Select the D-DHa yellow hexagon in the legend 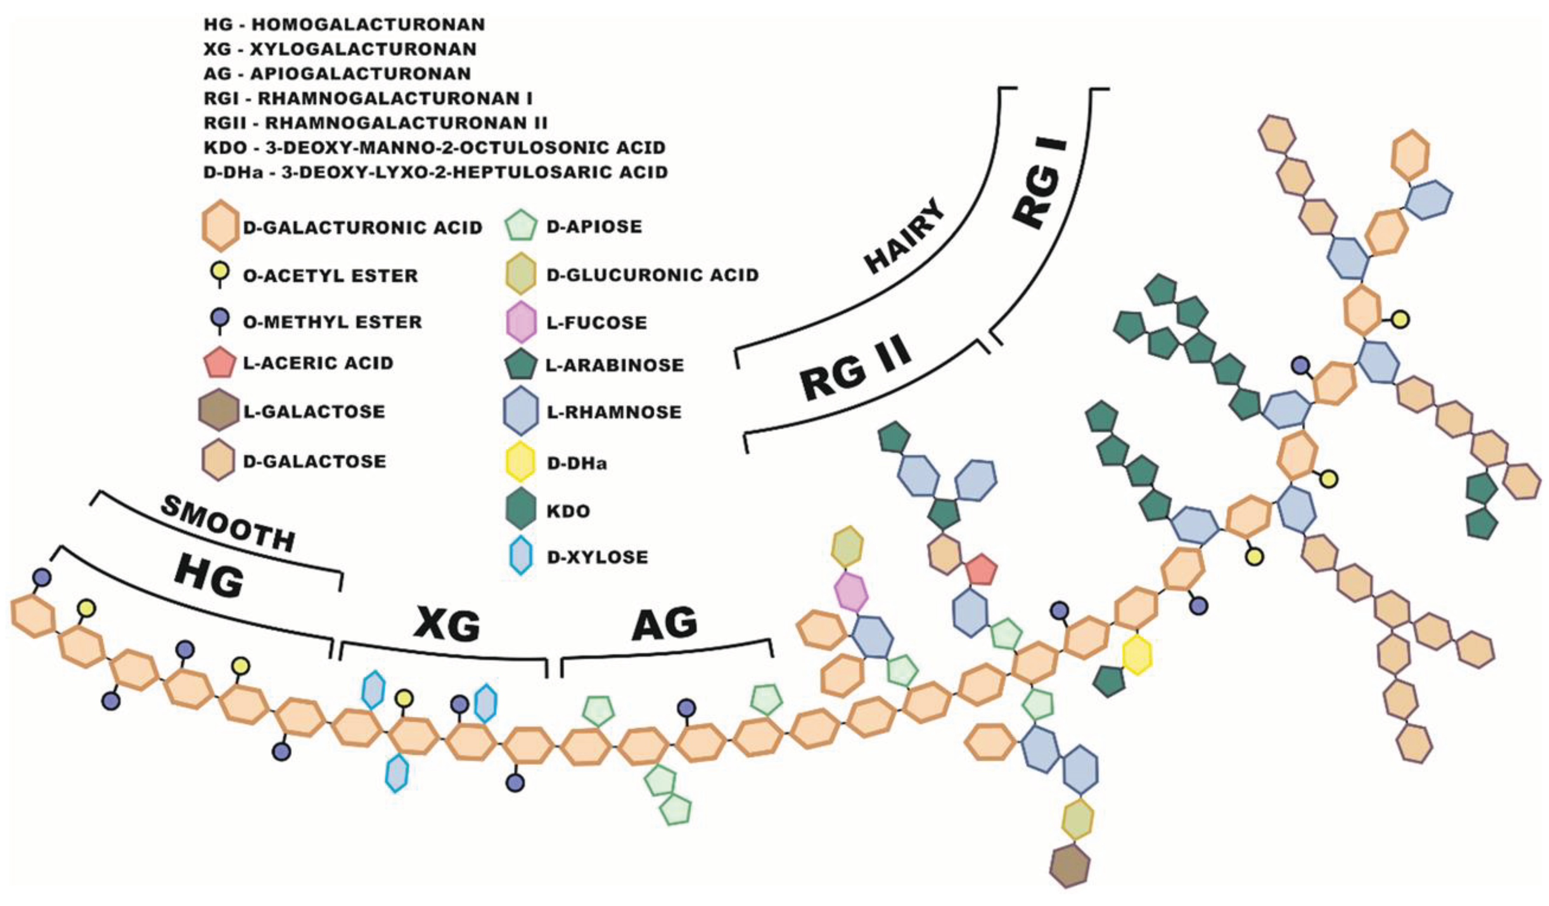(x=521, y=462)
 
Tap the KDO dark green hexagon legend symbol (x=521, y=510)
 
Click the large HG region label (x=209, y=578)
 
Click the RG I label (x=1040, y=186)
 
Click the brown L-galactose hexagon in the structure (x=1070, y=866)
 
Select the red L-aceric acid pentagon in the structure (x=981, y=571)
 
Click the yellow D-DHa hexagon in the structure (x=1136, y=655)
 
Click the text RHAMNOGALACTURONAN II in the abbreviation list (x=406, y=123)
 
